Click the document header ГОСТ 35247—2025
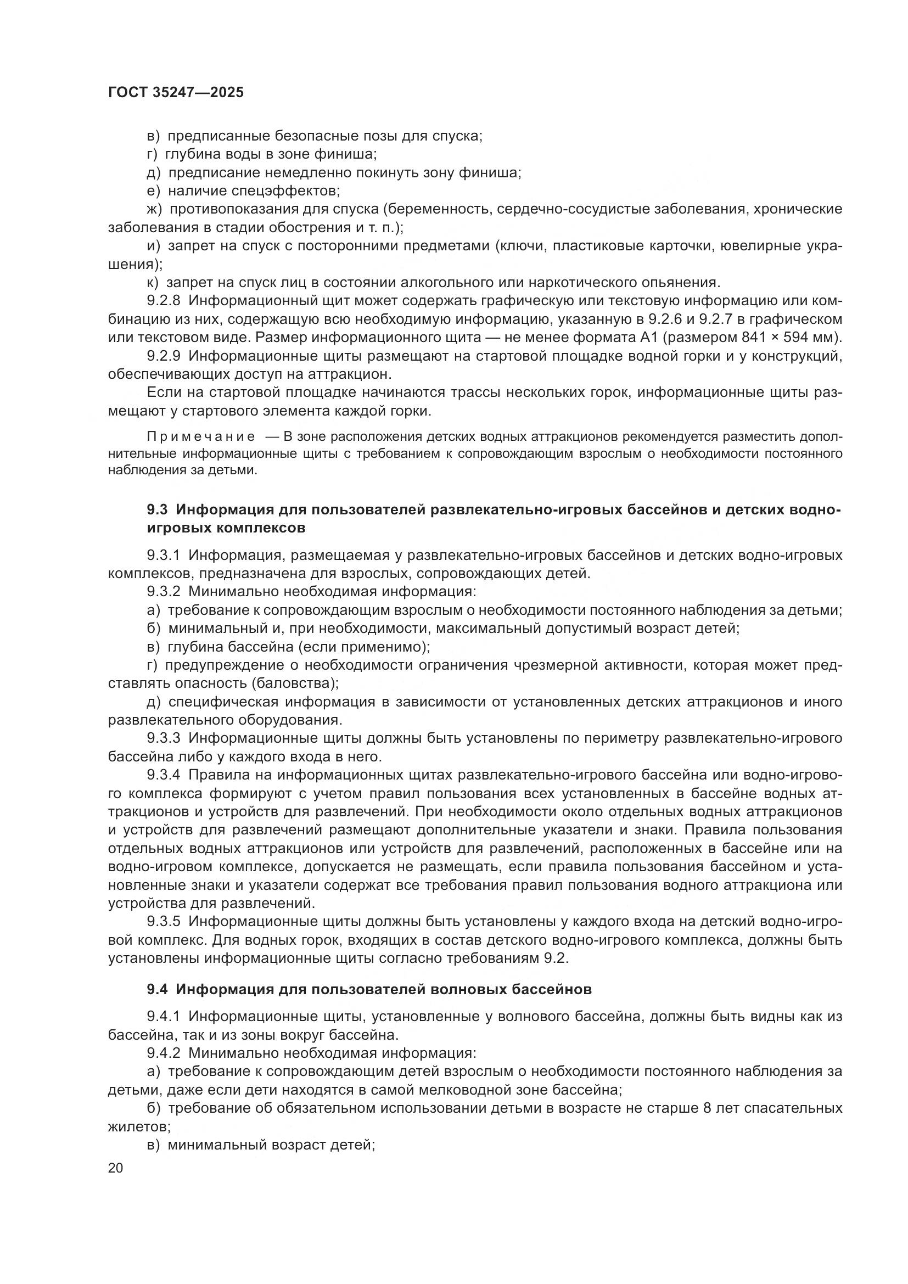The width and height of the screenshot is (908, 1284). coord(176,93)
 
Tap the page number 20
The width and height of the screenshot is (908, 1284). coord(116,1168)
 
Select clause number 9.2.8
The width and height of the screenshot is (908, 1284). coord(164,301)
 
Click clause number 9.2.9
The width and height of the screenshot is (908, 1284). coord(164,356)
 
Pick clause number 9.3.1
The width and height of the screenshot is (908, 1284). coord(164,556)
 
